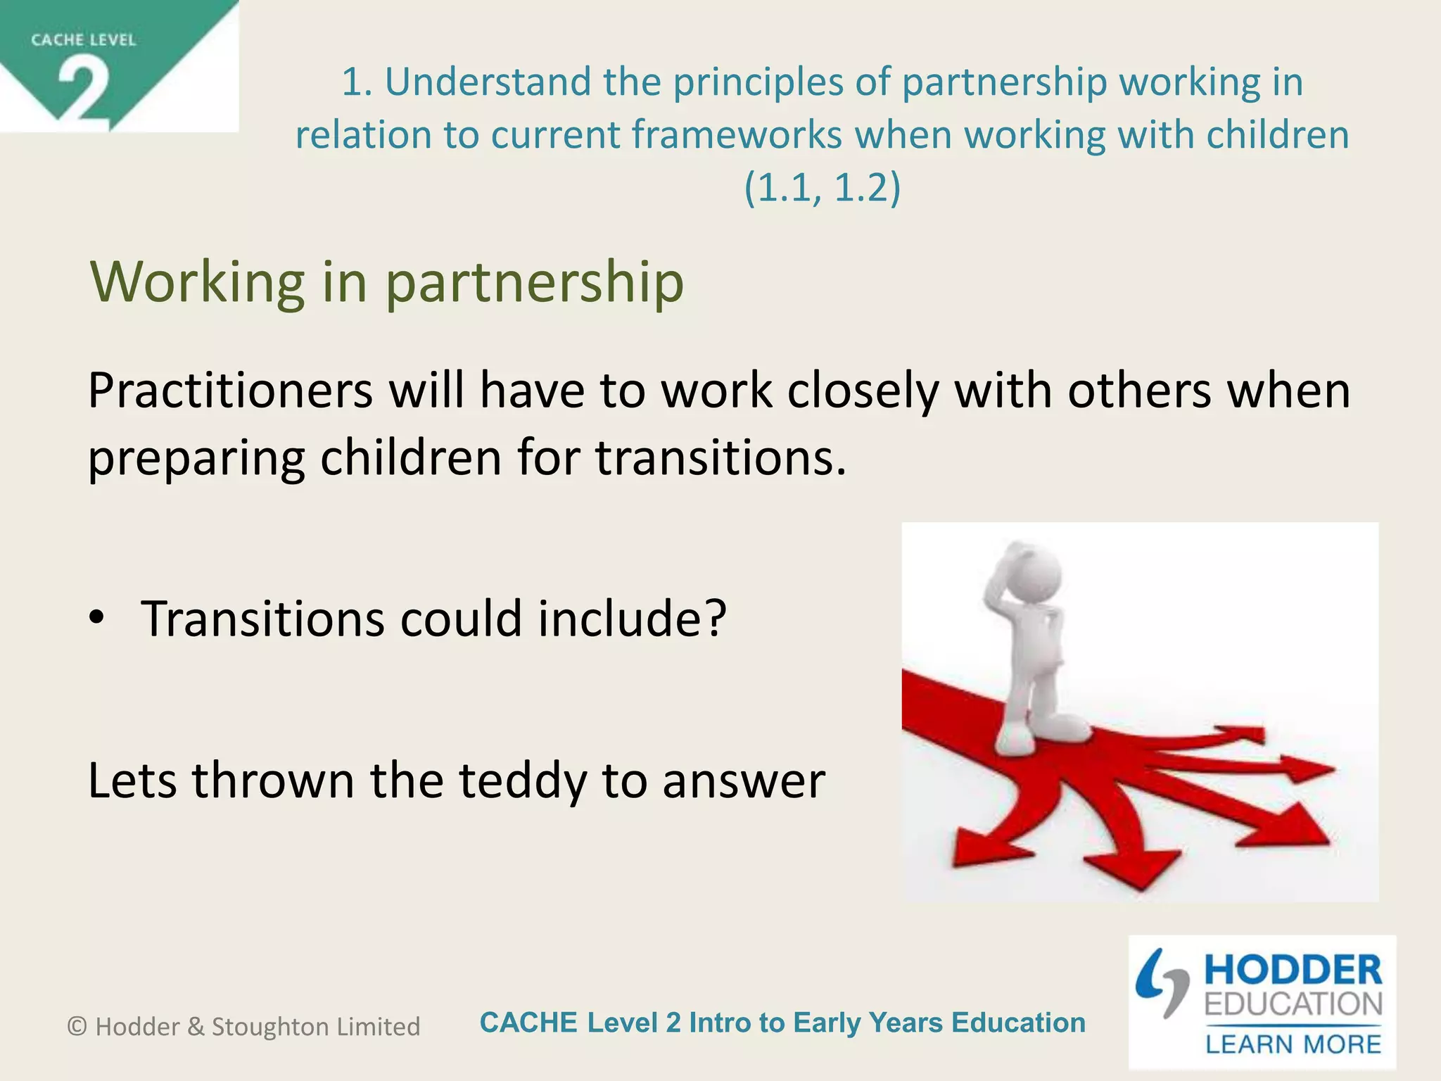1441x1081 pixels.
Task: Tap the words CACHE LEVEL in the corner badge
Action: coord(83,40)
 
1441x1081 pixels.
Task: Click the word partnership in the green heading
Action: coord(535,283)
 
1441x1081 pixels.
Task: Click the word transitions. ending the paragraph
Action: coord(720,457)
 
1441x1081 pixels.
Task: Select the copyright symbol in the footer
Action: coord(77,1027)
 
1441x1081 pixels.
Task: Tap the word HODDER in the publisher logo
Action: coord(1293,971)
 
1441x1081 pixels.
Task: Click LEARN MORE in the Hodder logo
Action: coord(1293,1044)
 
